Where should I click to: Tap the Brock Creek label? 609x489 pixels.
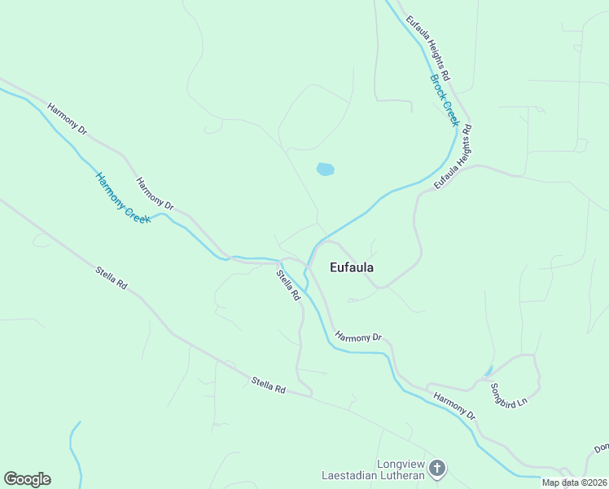tap(445, 100)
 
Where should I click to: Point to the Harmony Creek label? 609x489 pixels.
tap(123, 198)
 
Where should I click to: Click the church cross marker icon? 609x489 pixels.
tap(437, 468)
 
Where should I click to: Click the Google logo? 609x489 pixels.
tap(27, 479)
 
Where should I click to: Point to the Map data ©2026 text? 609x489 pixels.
tap(573, 482)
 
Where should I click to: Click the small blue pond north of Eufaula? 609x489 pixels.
tap(325, 170)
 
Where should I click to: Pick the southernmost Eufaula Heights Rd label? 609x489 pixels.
tap(453, 157)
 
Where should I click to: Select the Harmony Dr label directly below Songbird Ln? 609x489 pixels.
tap(454, 406)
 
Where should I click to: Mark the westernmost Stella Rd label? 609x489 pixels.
tap(112, 279)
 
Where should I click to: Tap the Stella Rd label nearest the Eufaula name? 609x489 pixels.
tap(288, 287)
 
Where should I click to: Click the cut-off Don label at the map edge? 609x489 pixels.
tap(601, 448)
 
